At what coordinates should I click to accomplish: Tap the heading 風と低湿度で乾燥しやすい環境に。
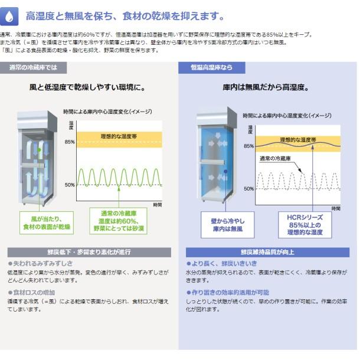[88, 88]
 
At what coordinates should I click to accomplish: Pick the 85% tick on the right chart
[248, 146]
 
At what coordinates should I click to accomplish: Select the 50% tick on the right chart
[248, 189]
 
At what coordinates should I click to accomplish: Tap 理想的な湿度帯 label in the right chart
[296, 139]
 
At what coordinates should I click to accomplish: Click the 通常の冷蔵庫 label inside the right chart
[274, 158]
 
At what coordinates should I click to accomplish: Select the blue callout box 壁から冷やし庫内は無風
[227, 225]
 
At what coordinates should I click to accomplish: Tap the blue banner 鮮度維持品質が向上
[267, 252]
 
